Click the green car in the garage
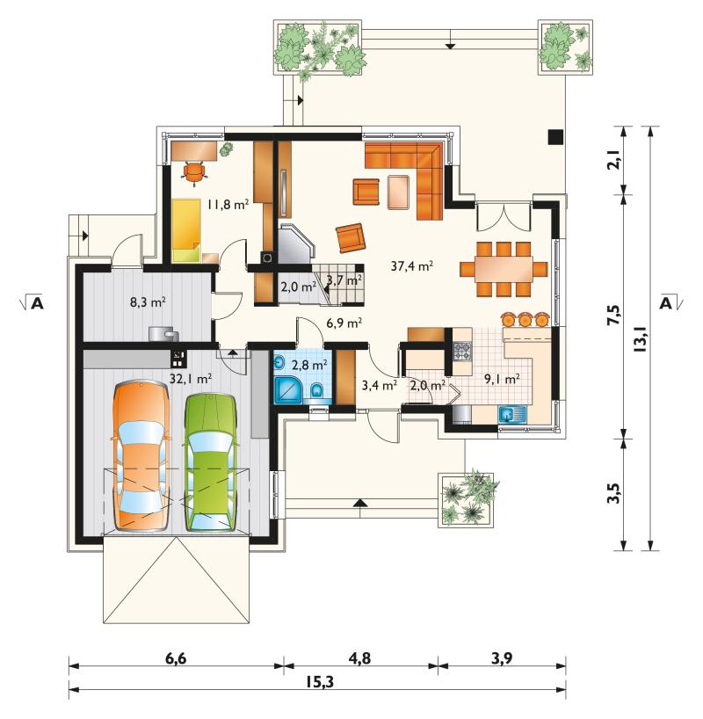tap(211, 461)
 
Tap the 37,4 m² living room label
tap(412, 265)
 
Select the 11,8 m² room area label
tap(228, 204)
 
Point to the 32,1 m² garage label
tap(191, 378)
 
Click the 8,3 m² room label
tap(148, 301)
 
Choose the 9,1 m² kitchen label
tap(502, 378)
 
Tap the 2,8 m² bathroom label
tap(309, 365)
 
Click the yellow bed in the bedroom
tap(186, 230)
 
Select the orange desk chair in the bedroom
tap(194, 172)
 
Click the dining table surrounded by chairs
tap(504, 269)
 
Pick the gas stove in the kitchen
tap(462, 352)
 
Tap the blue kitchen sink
tap(513, 416)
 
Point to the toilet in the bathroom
tap(317, 391)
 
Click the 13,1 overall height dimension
tap(641, 339)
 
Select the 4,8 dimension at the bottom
tap(359, 658)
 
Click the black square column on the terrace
tap(555, 136)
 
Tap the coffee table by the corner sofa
tap(398, 192)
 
